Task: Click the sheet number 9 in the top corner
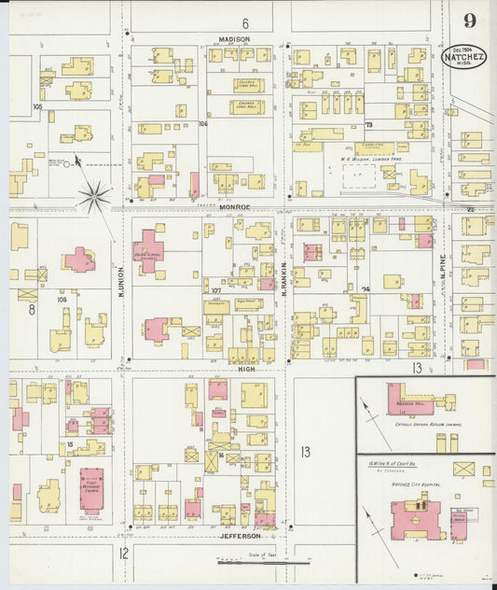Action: (x=469, y=21)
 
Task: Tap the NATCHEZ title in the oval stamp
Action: (x=464, y=57)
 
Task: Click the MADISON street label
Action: (x=235, y=39)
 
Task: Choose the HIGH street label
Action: (x=246, y=369)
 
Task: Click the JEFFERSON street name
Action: (x=239, y=537)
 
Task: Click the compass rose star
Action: (x=94, y=195)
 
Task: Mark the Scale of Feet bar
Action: (x=263, y=562)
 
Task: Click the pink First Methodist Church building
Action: (x=91, y=489)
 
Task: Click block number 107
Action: (x=215, y=291)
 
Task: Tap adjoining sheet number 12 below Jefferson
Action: (x=123, y=553)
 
